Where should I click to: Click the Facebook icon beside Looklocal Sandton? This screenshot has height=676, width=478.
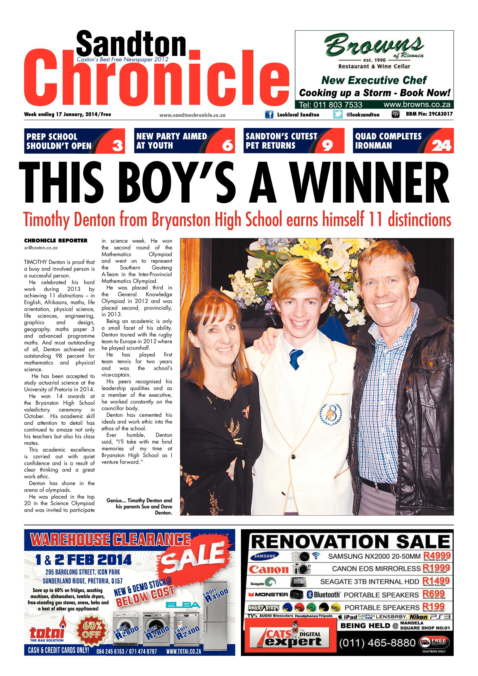point(269,114)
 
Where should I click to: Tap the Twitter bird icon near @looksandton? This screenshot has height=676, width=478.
point(338,114)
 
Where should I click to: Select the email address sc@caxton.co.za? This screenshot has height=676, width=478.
point(41,248)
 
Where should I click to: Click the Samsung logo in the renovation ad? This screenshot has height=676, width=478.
point(265,556)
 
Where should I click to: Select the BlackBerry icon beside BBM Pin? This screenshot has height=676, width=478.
point(395,114)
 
